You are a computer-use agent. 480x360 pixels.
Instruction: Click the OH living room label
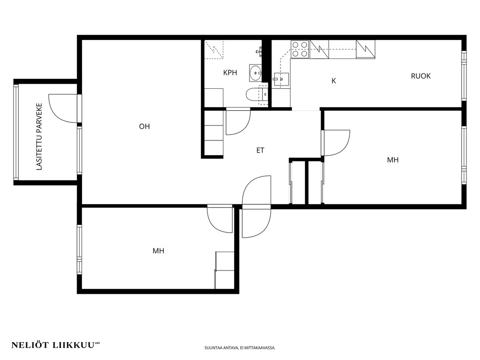point(145,126)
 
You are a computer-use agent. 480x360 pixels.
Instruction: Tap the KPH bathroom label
point(230,73)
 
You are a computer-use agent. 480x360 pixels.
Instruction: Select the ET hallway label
point(260,150)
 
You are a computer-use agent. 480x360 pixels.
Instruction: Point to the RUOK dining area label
point(421,76)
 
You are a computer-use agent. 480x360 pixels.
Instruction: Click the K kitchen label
point(334,81)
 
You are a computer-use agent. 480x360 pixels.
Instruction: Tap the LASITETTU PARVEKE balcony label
point(39,137)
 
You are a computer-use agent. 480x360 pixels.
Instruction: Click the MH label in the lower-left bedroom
point(158,251)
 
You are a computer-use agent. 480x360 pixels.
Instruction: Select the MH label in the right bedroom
point(393,160)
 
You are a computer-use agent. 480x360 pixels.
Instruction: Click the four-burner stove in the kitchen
point(300,49)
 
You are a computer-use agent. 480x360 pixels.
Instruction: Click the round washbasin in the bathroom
point(255,73)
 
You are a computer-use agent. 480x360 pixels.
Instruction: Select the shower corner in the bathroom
point(215,49)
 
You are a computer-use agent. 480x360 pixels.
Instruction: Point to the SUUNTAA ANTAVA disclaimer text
point(240,348)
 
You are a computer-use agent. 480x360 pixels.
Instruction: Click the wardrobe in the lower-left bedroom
point(225,270)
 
